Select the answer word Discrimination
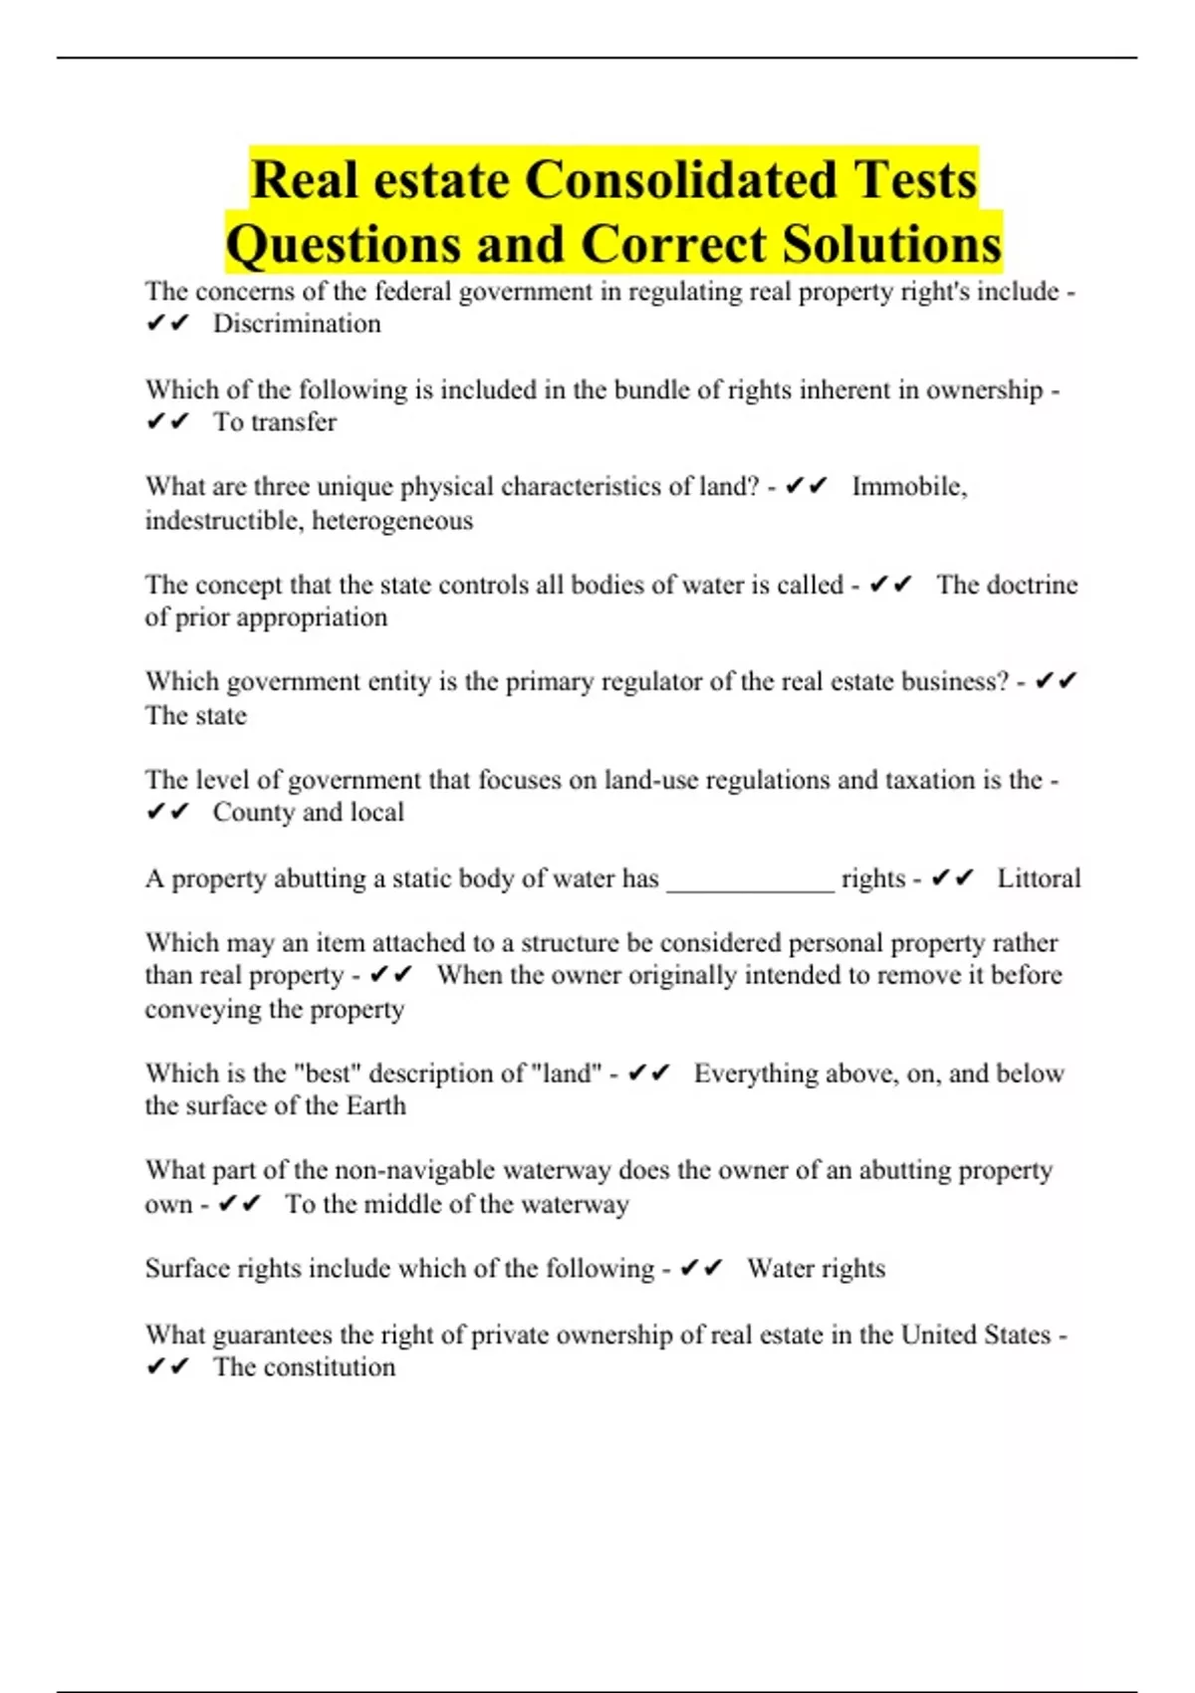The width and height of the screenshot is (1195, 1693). [297, 324]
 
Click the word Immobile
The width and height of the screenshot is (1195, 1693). [908, 487]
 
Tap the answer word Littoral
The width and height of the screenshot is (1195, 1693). [1039, 878]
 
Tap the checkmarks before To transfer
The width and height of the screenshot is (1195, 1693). [167, 422]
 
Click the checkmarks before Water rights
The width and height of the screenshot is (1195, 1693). [701, 1269]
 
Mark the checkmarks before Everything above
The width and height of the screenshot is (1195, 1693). [649, 1074]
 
